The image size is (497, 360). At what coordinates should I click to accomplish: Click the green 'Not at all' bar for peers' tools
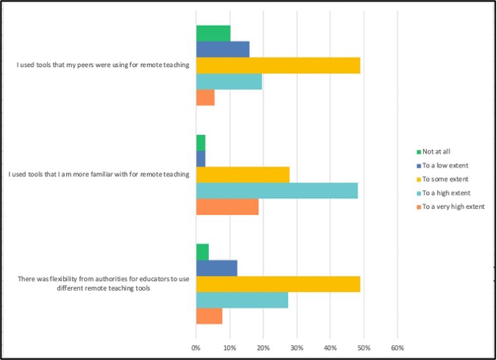pos(213,33)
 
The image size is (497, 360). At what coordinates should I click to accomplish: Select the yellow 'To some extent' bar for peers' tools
pos(277,65)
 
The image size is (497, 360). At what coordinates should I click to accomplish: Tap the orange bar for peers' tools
pos(205,98)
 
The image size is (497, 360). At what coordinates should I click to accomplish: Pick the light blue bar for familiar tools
pos(277,191)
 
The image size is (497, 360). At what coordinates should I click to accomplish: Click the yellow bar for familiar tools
pos(242,175)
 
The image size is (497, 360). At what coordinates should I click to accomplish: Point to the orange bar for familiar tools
pos(227,207)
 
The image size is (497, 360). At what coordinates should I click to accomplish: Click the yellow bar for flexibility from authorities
pos(277,284)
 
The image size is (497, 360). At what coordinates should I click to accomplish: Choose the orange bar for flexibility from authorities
pos(209,316)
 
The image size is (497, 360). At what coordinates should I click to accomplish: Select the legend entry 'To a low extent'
pos(442,165)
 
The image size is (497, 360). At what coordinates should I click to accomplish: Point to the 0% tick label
pos(196,346)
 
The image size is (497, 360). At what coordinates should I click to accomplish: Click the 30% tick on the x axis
pos(296,346)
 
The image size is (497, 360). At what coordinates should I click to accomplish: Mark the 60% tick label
pos(397,346)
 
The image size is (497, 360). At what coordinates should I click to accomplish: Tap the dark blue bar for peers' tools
pos(222,49)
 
